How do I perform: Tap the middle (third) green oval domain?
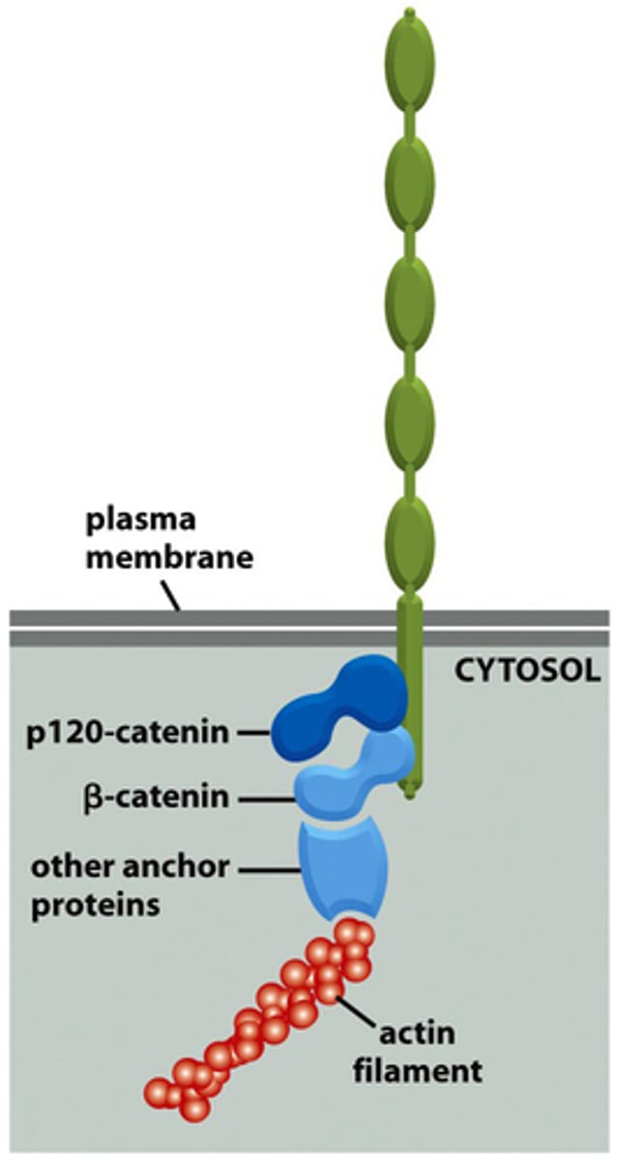(410, 305)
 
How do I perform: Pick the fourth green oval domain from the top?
(410, 424)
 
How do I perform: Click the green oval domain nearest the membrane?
(410, 543)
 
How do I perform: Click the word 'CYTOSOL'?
(526, 670)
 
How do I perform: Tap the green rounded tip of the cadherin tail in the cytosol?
(410, 795)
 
